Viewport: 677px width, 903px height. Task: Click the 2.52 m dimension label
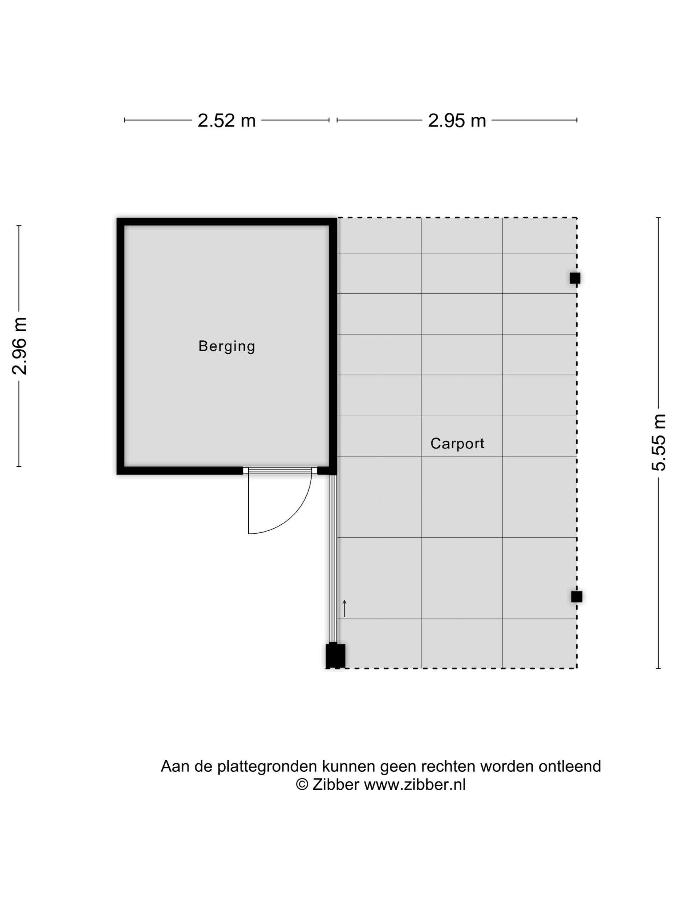point(226,120)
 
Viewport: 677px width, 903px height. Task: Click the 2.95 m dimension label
point(457,120)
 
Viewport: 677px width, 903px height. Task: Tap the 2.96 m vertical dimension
point(19,346)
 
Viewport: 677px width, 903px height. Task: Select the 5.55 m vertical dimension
point(658,443)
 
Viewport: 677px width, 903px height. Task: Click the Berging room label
point(227,346)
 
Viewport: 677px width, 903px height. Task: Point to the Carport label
point(457,443)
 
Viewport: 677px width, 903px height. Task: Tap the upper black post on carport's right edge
point(575,278)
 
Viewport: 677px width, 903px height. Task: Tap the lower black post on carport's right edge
point(576,597)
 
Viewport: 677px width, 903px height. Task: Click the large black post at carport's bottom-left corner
point(335,655)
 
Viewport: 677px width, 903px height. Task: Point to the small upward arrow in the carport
point(344,608)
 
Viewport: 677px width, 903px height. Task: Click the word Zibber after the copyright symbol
point(335,784)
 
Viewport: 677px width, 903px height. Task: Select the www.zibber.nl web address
point(415,784)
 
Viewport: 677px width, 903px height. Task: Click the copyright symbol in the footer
point(302,784)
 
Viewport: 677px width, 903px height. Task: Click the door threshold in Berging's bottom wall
point(280,470)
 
